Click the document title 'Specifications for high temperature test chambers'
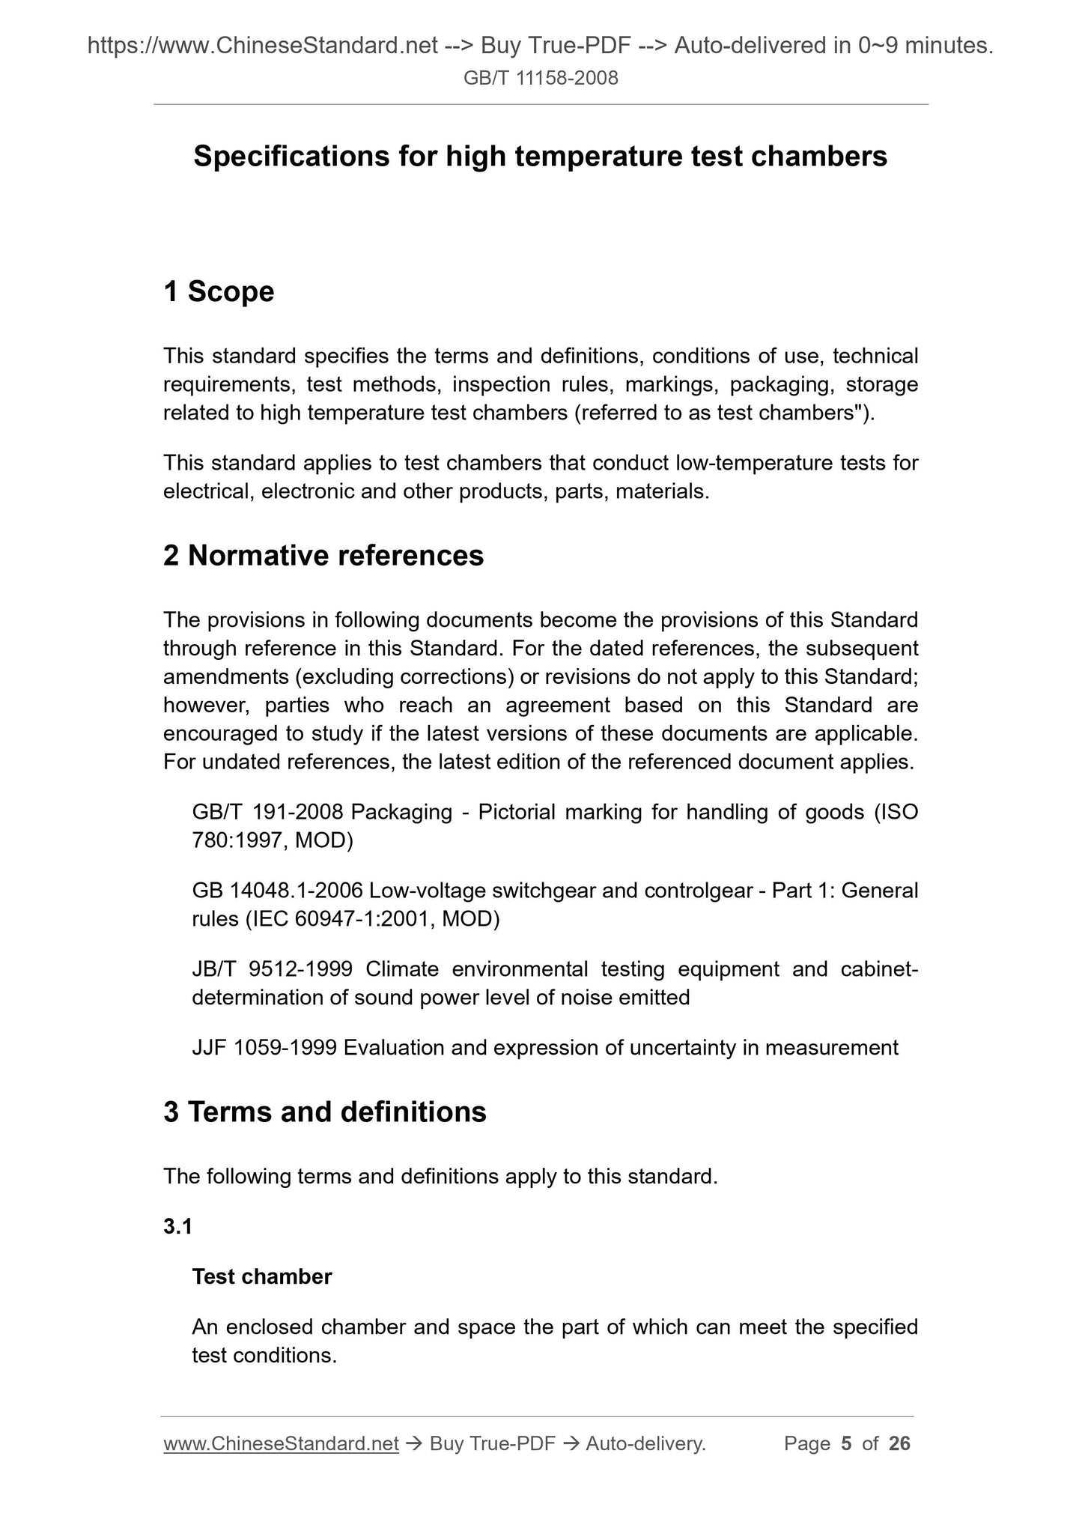[x=540, y=157]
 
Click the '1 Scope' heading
[x=219, y=291]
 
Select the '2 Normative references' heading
[x=323, y=556]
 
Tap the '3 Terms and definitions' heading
[x=325, y=1112]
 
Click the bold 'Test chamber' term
[x=261, y=1276]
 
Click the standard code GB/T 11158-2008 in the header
[x=541, y=78]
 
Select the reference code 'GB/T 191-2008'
[x=267, y=812]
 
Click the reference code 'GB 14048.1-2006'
[x=277, y=891]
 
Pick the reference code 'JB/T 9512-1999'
[x=272, y=969]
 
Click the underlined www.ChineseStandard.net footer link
[x=281, y=1443]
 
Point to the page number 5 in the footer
[x=846, y=1443]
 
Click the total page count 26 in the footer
[x=899, y=1443]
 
